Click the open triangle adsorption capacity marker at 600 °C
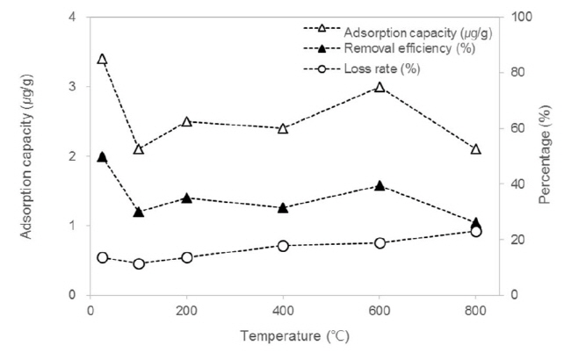[x=379, y=87]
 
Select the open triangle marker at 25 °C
[x=102, y=59]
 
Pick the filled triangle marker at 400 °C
[x=283, y=208]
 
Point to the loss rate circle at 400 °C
[x=283, y=246]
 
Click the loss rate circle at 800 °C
[x=476, y=231]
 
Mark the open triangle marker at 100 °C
[x=139, y=149]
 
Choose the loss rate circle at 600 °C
[x=379, y=242]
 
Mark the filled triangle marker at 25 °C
[x=102, y=156]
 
